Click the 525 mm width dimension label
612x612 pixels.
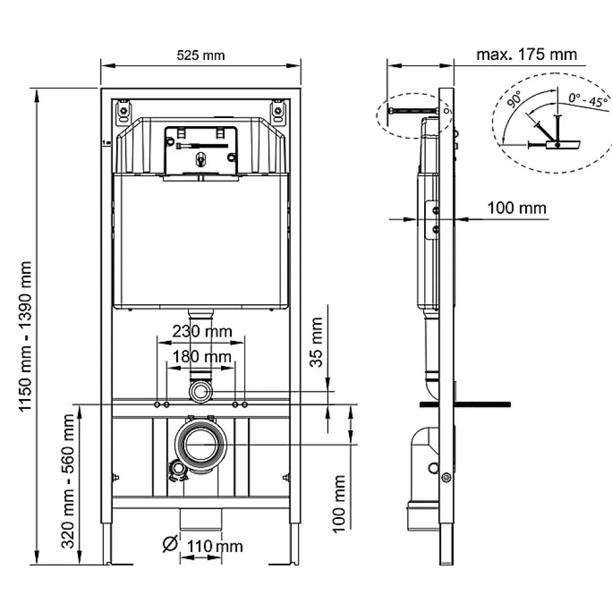point(201,56)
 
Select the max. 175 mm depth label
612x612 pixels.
point(526,54)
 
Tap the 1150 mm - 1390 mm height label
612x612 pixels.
point(25,337)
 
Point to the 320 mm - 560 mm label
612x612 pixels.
point(68,481)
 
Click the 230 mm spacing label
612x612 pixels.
point(202,331)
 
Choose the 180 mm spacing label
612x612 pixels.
point(202,356)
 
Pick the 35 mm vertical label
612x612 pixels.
point(316,342)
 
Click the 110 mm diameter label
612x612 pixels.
point(215,546)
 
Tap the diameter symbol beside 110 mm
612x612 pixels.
point(170,543)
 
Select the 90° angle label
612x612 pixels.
point(515,99)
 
